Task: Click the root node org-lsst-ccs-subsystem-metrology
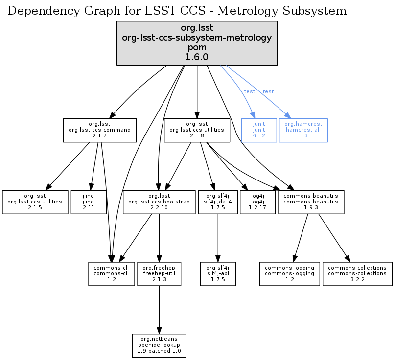point(197,43)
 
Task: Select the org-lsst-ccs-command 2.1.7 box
point(99,130)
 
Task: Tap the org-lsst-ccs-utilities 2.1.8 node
point(197,130)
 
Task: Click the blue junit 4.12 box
point(259,130)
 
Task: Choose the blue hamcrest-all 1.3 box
point(303,130)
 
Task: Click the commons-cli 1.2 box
point(111,274)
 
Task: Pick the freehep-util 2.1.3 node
point(159,274)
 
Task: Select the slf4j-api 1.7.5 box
point(218,274)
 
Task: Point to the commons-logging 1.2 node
point(289,274)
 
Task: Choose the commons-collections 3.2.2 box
point(357,274)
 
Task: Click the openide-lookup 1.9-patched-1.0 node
point(159,346)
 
